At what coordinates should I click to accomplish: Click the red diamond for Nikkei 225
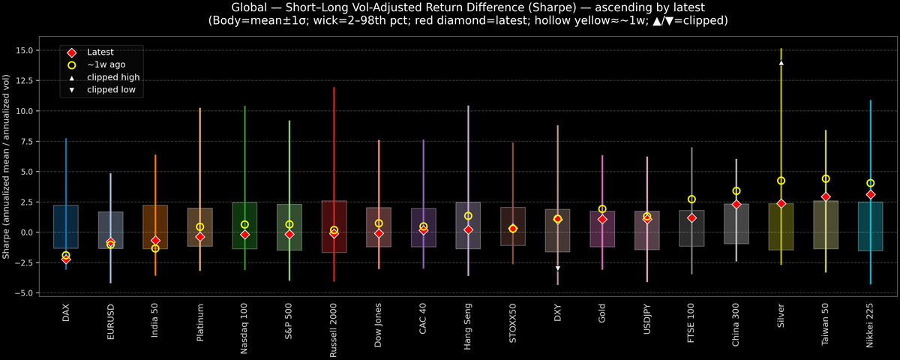(x=870, y=194)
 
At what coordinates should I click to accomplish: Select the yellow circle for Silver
(x=781, y=181)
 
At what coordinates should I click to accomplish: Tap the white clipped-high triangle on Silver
(x=781, y=63)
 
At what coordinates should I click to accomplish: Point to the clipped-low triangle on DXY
(x=557, y=268)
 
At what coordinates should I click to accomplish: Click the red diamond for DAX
(x=66, y=259)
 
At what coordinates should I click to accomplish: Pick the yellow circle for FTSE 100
(x=691, y=199)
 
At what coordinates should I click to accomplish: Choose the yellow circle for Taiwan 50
(x=826, y=178)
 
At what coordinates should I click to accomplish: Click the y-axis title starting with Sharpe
(x=7, y=166)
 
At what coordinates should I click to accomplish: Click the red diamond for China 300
(x=736, y=204)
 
